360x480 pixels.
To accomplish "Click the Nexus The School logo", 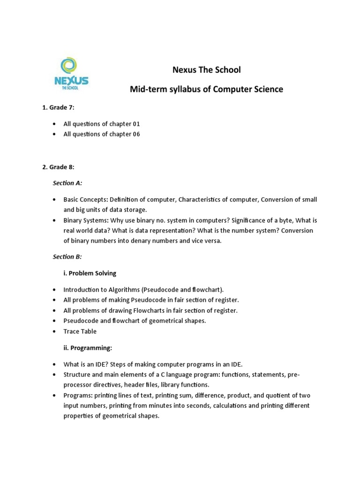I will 71,74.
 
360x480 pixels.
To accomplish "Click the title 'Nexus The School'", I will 206,70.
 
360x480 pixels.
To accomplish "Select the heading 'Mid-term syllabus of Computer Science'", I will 206,89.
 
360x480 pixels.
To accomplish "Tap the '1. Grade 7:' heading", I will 58,107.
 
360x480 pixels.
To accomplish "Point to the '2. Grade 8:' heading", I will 58,167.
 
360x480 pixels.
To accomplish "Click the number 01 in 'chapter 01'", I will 135,124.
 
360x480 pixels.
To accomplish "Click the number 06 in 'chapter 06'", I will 135,134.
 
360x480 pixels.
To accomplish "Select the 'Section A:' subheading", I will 67,183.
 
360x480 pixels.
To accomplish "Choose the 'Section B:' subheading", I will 67,256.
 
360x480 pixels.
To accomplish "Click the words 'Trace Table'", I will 80,331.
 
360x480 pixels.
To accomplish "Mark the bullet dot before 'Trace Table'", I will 54,332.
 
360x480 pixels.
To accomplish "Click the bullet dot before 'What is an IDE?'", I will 54,364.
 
